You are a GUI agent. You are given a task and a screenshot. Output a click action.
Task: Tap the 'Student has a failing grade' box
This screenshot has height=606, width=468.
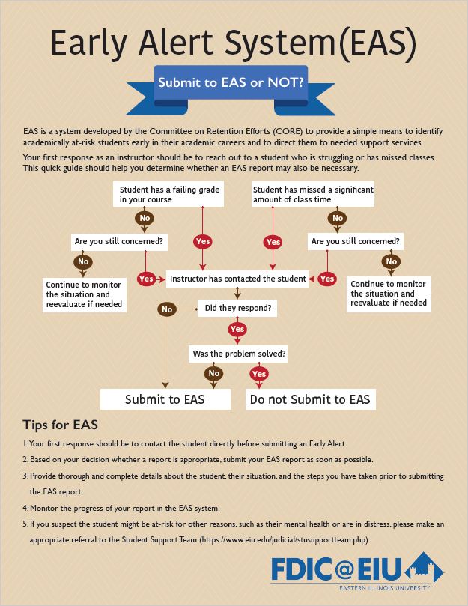click(169, 195)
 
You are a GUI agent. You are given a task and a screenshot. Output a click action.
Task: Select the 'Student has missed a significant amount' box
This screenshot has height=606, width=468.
click(313, 195)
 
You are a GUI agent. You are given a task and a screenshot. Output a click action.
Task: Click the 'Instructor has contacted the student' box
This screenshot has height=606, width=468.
click(237, 279)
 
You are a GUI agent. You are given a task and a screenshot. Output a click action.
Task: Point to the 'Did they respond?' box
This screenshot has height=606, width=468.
click(238, 308)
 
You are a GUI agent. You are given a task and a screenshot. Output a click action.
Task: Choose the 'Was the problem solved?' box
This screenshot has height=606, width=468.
click(239, 354)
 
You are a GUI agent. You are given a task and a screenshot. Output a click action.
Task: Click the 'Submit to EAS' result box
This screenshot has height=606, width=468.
click(165, 399)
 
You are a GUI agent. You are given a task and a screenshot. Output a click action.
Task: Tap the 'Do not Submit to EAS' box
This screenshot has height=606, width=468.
click(310, 399)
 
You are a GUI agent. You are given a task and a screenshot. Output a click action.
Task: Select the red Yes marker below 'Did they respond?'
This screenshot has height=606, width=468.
click(237, 329)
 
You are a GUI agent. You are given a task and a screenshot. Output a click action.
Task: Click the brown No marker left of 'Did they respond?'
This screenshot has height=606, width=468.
click(166, 309)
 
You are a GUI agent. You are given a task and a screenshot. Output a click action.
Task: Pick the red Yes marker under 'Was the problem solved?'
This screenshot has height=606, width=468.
click(259, 373)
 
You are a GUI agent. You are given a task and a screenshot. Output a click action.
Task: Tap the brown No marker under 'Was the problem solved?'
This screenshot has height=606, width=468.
click(214, 373)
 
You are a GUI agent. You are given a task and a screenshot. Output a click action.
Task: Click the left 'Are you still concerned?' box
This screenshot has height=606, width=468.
click(118, 242)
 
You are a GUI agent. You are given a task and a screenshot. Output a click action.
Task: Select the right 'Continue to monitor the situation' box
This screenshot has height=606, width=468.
click(389, 294)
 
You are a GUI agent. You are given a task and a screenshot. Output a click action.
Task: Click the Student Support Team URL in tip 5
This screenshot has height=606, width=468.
click(284, 540)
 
